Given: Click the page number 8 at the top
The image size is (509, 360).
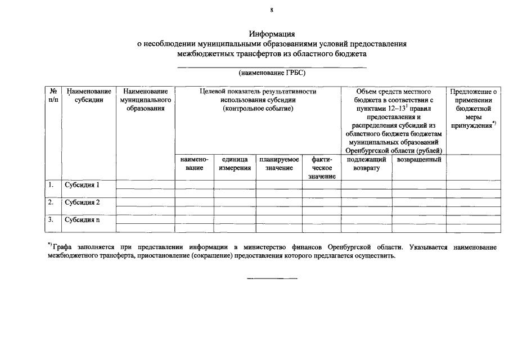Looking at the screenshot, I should (x=272, y=10).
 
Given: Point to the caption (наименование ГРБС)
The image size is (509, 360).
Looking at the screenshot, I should (x=272, y=73).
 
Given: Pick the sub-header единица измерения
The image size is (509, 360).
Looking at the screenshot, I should (x=235, y=164).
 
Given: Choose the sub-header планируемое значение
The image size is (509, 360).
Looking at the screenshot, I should (x=279, y=164).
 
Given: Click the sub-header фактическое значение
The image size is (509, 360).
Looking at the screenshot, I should (x=321, y=168).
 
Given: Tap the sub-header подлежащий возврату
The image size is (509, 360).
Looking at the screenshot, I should (x=366, y=164).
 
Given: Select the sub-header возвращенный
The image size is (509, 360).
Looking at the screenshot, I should (x=418, y=160).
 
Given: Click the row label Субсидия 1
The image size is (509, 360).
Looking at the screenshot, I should (x=82, y=184).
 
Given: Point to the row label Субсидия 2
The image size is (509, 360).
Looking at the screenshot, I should (x=82, y=202).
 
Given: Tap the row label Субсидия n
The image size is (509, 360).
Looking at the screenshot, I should (x=82, y=219).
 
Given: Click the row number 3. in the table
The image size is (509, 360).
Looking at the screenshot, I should (x=51, y=219).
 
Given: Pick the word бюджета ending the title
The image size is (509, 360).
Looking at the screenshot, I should (x=352, y=54).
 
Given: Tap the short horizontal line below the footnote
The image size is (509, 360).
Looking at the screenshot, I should (x=272, y=278).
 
